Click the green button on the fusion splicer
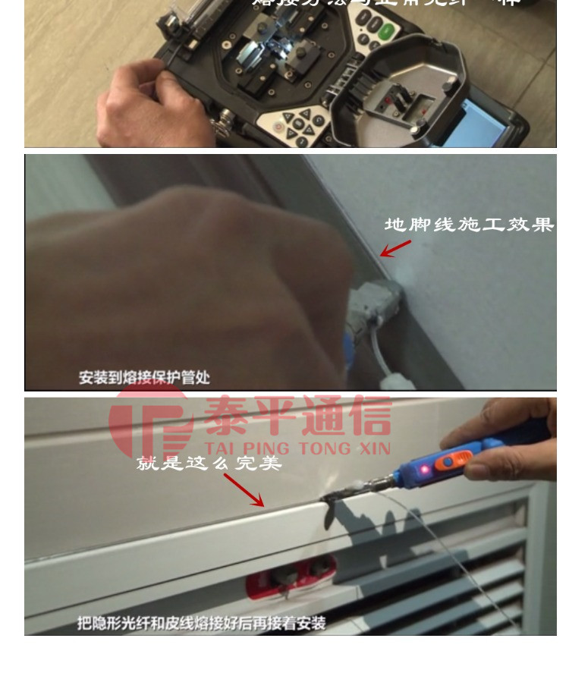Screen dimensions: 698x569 click(x=388, y=31)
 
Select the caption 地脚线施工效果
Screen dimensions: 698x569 click(x=468, y=225)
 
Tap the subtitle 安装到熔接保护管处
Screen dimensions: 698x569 click(x=144, y=377)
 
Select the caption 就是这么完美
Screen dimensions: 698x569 click(x=209, y=462)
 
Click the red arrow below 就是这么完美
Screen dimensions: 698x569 click(x=244, y=490)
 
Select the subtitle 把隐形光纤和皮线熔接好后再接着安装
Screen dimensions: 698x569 click(x=201, y=623)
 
